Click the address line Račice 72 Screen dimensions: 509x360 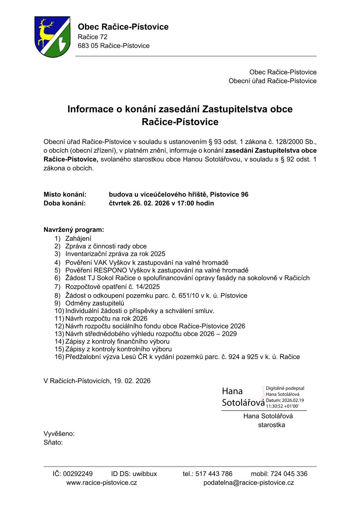click(93, 37)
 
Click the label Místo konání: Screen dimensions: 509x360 click(65, 194)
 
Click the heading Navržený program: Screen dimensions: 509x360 click(74, 230)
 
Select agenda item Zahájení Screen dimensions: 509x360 click(78, 239)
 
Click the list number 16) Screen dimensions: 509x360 click(59, 357)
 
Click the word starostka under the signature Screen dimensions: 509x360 click(271, 425)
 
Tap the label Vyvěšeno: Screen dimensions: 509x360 click(59, 434)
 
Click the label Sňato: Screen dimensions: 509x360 click(53, 443)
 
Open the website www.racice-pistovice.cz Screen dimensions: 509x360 click(102, 483)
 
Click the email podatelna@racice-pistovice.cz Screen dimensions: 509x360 click(249, 483)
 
